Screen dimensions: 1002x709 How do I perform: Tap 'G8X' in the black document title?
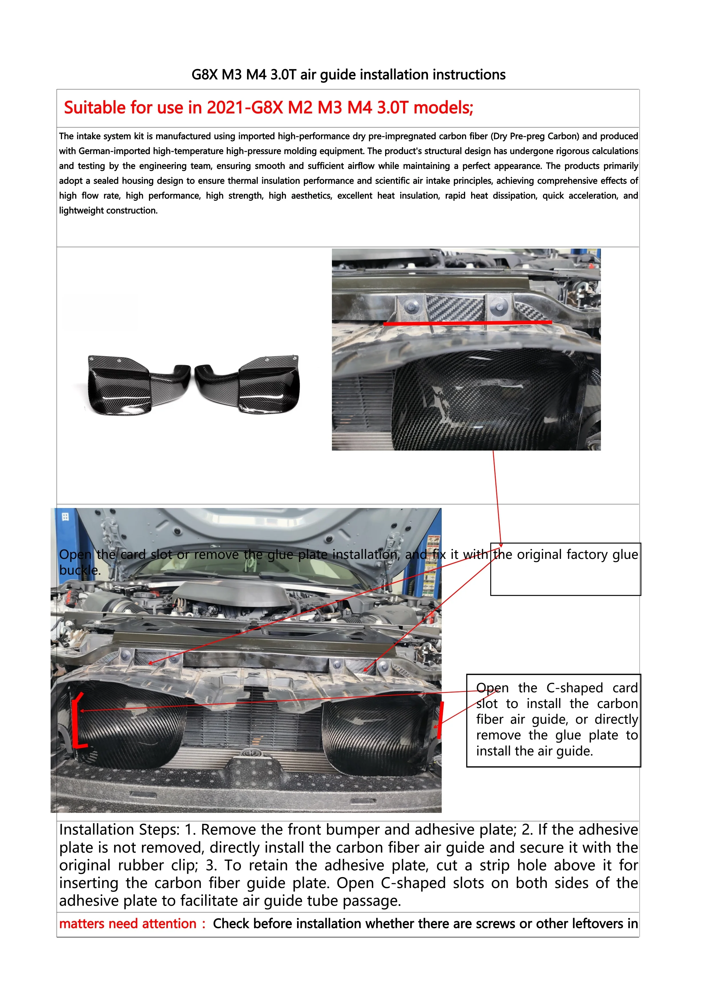(204, 75)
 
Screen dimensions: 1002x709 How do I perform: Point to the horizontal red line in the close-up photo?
(467, 323)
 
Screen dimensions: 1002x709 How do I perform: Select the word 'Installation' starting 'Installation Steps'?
(96, 830)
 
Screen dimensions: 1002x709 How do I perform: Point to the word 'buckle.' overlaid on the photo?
(80, 570)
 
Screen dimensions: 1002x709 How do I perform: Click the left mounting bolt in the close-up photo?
(411, 307)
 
